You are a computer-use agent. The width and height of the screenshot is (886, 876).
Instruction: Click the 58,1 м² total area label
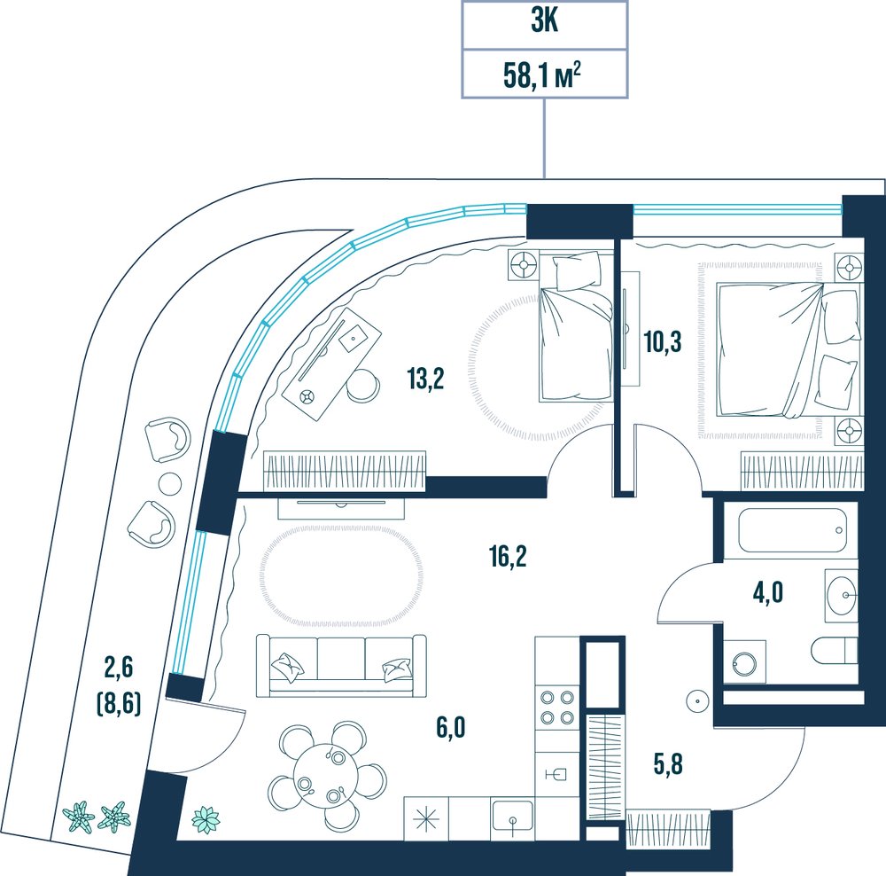543,74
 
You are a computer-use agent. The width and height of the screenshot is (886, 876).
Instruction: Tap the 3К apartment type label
545,23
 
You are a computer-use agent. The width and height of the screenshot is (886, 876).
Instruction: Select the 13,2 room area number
425,379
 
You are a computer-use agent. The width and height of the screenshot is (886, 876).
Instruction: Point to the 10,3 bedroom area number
662,342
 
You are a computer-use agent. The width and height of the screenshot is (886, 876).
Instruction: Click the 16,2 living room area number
508,557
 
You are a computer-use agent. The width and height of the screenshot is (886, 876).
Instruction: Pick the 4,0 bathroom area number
768,593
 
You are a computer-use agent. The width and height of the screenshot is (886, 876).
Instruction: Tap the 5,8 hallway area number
667,764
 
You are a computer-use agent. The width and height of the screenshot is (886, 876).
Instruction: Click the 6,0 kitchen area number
450,728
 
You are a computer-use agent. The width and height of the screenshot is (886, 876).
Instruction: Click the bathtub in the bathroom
790,530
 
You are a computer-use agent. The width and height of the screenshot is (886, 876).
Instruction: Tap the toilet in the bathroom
834,651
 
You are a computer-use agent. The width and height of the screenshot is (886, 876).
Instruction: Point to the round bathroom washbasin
842,595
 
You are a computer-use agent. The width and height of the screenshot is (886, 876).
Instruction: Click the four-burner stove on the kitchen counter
557,708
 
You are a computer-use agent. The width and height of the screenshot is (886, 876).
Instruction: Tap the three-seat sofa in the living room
341,665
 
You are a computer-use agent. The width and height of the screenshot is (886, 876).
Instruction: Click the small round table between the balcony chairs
169,481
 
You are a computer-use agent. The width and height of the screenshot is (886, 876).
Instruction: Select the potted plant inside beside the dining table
206,819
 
